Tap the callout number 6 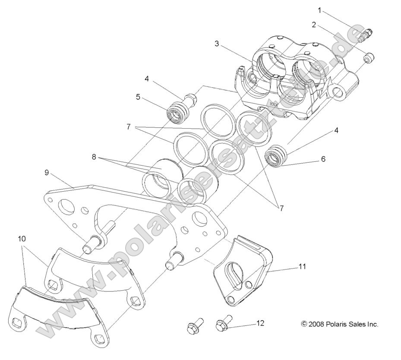(x=323, y=159)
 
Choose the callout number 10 (x=22, y=238)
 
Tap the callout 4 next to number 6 (x=335, y=130)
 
